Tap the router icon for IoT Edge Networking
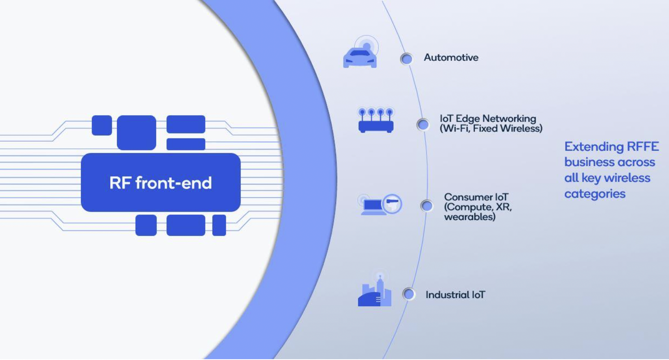coord(376,121)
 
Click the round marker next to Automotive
coord(406,59)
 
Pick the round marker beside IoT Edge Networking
coord(422,125)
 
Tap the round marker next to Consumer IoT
coord(427,205)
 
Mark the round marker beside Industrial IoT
coord(408,294)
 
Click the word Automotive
coord(451,58)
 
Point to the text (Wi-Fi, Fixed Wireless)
coord(491,129)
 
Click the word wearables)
coord(470,217)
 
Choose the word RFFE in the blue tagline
coord(643,147)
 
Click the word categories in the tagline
coord(595,194)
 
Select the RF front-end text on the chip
coord(160,183)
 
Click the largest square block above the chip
coord(136,132)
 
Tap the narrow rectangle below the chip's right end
coord(219,225)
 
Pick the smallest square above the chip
coord(102,125)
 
